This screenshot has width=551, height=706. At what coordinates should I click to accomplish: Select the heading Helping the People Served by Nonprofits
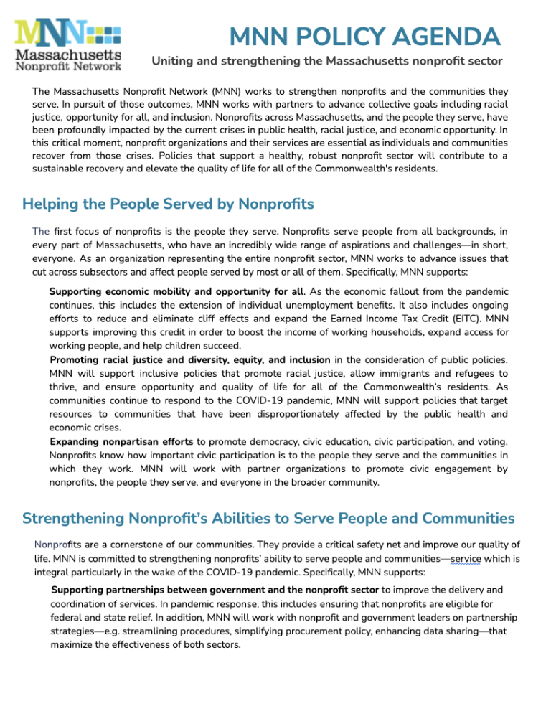168,204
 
